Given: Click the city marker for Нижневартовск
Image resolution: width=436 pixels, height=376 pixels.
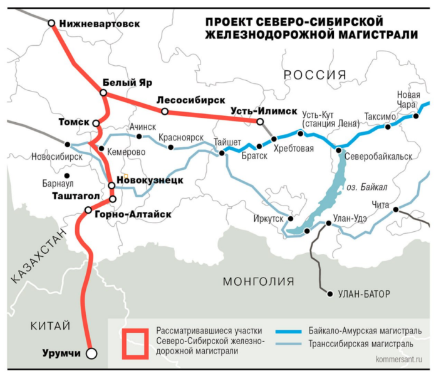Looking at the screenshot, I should tap(51, 23).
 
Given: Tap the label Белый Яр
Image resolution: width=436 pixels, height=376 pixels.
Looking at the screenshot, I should tap(127, 83).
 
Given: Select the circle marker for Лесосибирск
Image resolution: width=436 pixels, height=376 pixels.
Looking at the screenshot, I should tap(164, 112).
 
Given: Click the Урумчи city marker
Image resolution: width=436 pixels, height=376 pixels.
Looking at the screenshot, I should tap(91, 353).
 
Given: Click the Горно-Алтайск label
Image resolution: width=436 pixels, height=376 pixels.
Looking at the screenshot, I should tap(133, 214).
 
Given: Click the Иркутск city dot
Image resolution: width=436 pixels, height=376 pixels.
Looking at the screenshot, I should tap(290, 219).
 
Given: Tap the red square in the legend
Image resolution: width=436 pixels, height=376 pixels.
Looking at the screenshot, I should tap(135, 343).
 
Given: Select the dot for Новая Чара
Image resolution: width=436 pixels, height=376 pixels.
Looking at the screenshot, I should tap(416, 116).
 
